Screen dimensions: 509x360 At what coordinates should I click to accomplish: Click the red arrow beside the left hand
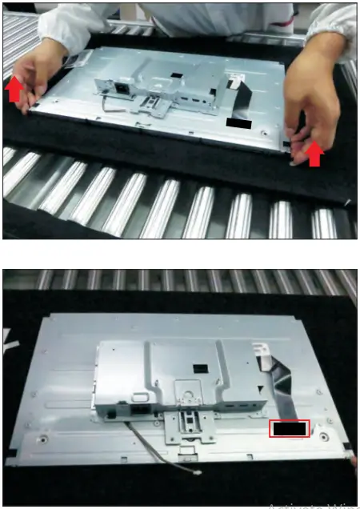(x=14, y=89)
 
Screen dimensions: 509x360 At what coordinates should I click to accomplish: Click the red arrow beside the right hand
(x=314, y=153)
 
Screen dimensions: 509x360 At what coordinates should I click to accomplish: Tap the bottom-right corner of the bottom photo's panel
(x=350, y=462)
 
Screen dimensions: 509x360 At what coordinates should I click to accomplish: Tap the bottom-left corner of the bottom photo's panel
(x=10, y=462)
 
